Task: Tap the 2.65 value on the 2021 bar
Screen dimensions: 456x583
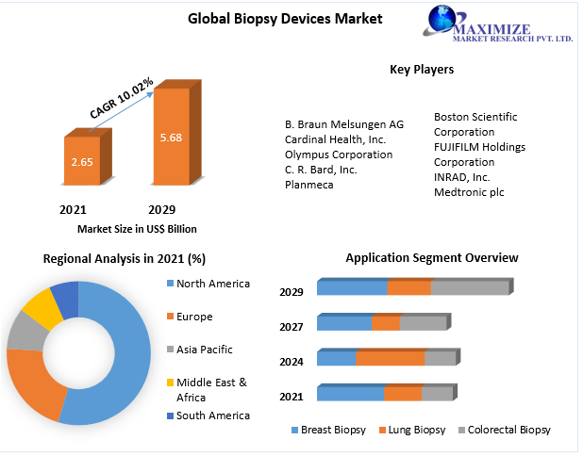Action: (81, 161)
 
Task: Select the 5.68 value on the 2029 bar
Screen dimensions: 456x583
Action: (172, 138)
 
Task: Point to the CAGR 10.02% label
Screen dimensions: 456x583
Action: (122, 99)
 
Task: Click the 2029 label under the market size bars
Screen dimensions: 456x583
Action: (161, 208)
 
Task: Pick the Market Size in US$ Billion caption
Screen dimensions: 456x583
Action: (137, 228)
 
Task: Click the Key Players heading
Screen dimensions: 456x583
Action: (422, 69)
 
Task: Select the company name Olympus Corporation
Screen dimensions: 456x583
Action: (339, 155)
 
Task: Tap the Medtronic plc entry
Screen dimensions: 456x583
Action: (469, 192)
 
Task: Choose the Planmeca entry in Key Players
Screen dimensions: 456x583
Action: (309, 185)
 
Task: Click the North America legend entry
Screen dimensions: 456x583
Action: (213, 284)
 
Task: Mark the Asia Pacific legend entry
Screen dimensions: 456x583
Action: (205, 350)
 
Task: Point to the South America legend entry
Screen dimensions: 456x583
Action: (213, 415)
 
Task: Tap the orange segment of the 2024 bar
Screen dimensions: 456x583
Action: (390, 359)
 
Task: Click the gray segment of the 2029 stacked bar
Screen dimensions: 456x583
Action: (469, 288)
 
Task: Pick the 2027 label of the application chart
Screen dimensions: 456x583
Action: (291, 327)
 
